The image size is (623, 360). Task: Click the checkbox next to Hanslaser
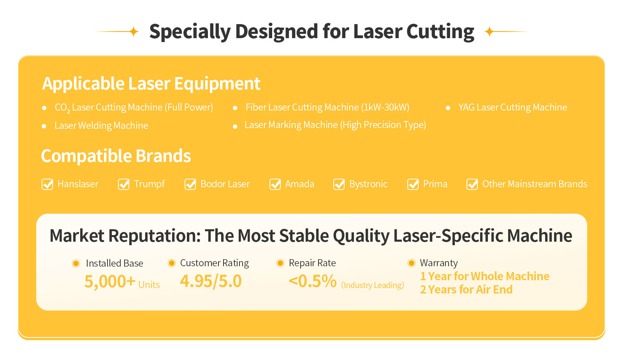47,184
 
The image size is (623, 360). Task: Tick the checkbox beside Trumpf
123,184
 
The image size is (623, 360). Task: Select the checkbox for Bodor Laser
190,184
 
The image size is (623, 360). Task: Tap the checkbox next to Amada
275,184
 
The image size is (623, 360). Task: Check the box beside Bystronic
339,184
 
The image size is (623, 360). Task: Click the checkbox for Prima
413,184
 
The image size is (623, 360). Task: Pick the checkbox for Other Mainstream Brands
472,184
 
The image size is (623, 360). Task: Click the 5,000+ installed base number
110,282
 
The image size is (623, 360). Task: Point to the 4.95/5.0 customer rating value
211,281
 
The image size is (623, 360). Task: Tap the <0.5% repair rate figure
313,281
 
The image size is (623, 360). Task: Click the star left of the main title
134,32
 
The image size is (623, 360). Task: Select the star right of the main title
489,32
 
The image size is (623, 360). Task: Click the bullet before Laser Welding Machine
44,126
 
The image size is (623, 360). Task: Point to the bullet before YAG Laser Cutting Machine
448,108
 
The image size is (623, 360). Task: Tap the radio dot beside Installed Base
76,263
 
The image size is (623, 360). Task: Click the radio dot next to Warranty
411,263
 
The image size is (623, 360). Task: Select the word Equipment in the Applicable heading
217,84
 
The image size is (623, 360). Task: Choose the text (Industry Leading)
373,285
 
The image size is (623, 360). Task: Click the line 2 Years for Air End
466,290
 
